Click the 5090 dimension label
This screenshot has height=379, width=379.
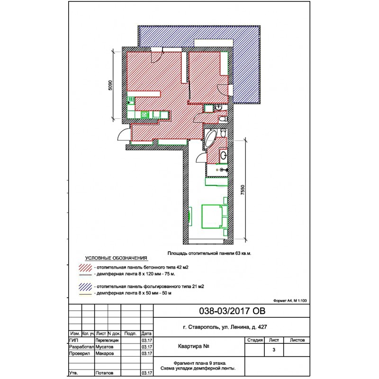click(x=110, y=85)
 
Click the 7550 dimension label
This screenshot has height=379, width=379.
click(x=243, y=190)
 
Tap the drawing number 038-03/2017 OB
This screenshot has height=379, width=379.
click(x=232, y=311)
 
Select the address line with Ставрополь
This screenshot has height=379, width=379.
click(x=225, y=327)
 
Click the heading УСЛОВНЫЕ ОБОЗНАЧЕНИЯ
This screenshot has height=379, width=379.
click(x=116, y=258)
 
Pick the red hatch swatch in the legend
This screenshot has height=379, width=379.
click(x=85, y=268)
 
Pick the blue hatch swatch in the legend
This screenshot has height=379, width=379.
click(x=85, y=287)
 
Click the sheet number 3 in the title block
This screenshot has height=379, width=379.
click(x=274, y=350)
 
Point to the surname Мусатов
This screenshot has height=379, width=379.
click(x=104, y=347)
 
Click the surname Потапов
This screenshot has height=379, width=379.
click(x=104, y=373)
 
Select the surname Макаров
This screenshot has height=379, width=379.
click(x=104, y=353)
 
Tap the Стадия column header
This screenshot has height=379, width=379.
click(x=255, y=340)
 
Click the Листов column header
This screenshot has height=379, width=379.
click(x=297, y=340)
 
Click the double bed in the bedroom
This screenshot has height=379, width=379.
click(x=215, y=217)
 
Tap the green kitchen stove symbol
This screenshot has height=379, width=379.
click(x=144, y=114)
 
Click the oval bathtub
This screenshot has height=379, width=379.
click(x=210, y=139)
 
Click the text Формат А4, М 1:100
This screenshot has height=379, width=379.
click(x=290, y=301)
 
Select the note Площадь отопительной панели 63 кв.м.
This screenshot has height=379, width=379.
click(x=209, y=253)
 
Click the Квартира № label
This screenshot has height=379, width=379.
click(x=193, y=346)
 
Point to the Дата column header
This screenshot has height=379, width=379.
click(x=146, y=334)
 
